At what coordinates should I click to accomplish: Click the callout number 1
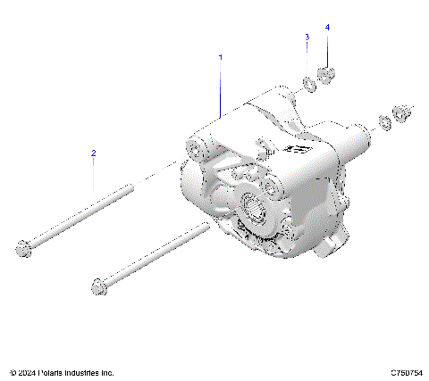click(220, 57)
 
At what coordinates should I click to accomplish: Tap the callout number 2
click(92, 153)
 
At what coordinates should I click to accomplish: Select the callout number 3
click(307, 37)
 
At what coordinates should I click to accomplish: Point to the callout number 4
click(327, 28)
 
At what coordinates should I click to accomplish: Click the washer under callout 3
click(307, 84)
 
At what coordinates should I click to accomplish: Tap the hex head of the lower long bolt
click(97, 286)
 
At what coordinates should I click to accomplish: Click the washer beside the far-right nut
click(384, 120)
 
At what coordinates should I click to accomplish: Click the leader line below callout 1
click(220, 89)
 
